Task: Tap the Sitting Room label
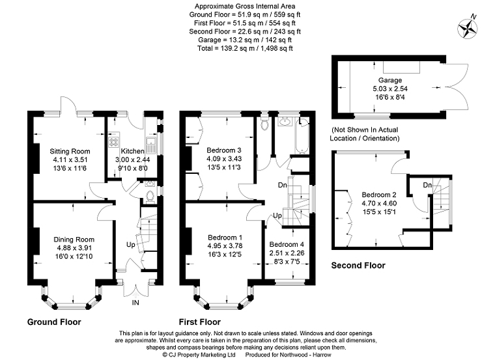click(70, 151)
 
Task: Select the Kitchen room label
click(133, 151)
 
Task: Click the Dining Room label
click(74, 240)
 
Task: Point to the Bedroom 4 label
click(287, 244)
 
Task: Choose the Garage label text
click(390, 80)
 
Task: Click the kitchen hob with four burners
click(113, 142)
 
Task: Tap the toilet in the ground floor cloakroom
click(150, 196)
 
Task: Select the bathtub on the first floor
click(302, 135)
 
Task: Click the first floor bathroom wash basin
click(285, 121)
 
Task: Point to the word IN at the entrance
click(135, 303)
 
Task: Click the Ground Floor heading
click(54, 322)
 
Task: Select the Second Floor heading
click(358, 266)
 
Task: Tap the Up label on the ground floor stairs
click(131, 245)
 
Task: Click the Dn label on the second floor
click(427, 185)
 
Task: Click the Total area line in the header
click(245, 48)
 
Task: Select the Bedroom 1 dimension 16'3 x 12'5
click(225, 254)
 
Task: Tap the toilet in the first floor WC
click(264, 123)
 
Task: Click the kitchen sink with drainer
click(150, 145)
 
